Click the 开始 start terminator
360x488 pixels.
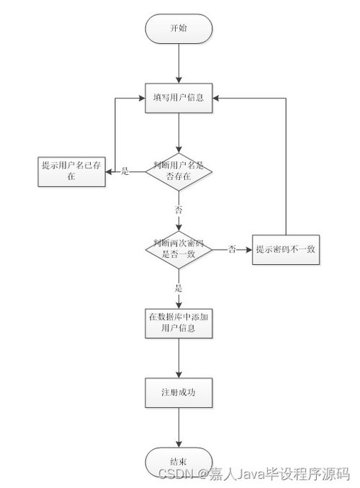coord(179,28)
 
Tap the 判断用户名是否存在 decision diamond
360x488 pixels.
coord(179,171)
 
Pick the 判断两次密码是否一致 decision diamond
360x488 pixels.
coord(179,248)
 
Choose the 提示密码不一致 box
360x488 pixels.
coord(287,249)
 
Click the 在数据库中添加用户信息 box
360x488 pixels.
coord(179,322)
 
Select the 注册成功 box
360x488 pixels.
coord(179,392)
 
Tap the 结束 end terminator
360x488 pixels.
coord(179,461)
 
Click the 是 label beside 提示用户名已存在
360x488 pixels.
coord(124,171)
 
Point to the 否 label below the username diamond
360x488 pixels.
coord(179,209)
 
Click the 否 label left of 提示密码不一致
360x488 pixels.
coord(232,249)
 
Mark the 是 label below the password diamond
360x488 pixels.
coord(179,288)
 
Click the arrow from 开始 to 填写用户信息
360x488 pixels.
coord(179,63)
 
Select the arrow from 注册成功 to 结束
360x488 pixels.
coord(179,428)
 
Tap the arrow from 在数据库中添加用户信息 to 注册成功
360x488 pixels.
coord(179,357)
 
